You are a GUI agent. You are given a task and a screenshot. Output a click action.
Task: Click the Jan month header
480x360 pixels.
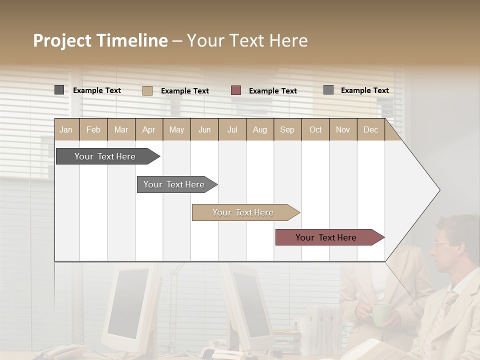[x=66, y=130]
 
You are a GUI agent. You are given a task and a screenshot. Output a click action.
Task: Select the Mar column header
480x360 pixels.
[x=121, y=130]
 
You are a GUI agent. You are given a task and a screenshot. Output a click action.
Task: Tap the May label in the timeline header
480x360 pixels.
[x=176, y=130]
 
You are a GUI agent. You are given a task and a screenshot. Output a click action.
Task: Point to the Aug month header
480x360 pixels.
[x=259, y=130]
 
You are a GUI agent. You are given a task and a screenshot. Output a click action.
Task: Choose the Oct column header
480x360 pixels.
[x=315, y=130]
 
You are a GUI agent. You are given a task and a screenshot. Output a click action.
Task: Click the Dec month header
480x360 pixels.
[x=370, y=130]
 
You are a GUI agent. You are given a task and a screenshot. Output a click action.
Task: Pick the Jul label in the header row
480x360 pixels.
[x=232, y=130]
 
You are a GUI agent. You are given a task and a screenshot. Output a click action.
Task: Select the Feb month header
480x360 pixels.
[x=93, y=130]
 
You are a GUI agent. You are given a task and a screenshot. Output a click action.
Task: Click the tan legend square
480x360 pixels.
[x=147, y=90]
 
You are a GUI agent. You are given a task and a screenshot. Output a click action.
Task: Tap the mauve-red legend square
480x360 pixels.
[x=236, y=90]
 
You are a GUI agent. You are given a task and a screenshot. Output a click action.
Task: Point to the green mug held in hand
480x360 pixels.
[x=380, y=314]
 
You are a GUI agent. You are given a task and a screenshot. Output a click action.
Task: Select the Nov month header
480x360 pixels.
[x=343, y=130]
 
